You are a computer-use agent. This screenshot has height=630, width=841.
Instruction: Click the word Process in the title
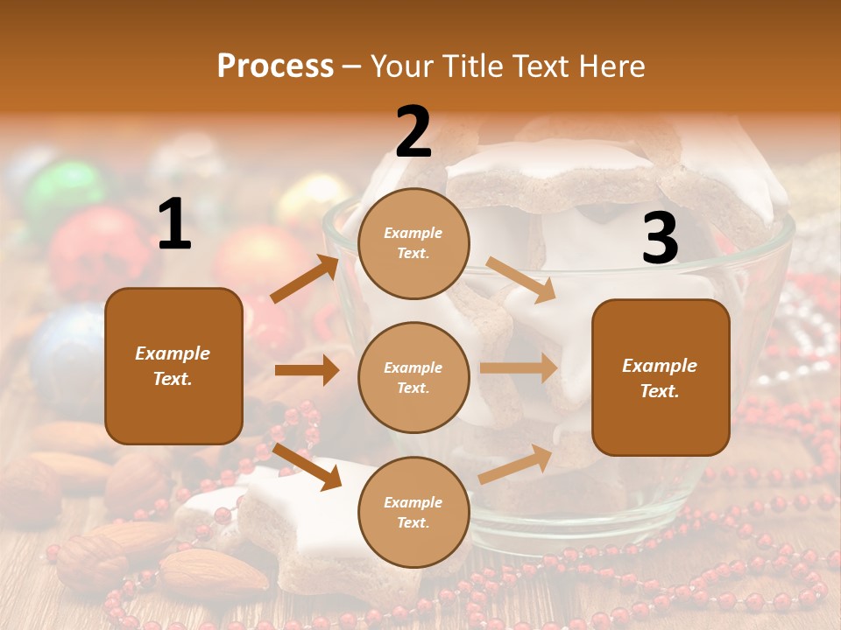[x=275, y=66]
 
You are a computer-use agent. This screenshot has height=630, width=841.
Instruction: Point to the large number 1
[x=173, y=225]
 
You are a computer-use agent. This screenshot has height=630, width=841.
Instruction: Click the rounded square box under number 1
[x=173, y=366]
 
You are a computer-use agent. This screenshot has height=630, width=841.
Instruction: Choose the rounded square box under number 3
[x=661, y=377]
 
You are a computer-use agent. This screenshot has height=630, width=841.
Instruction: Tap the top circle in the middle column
[x=413, y=243]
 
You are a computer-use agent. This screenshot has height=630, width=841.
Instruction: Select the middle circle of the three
[x=413, y=377]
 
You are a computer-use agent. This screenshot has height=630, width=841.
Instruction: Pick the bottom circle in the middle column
[x=413, y=512]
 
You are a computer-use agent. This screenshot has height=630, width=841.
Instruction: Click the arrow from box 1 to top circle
[x=304, y=279]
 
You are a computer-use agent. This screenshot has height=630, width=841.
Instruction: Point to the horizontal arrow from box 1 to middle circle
[x=307, y=370]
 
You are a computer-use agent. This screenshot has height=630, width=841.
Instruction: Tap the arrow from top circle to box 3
[x=520, y=280]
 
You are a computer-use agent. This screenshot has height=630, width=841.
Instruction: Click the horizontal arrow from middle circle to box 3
[x=518, y=368]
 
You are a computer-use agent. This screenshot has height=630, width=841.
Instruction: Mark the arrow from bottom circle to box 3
[x=515, y=465]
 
